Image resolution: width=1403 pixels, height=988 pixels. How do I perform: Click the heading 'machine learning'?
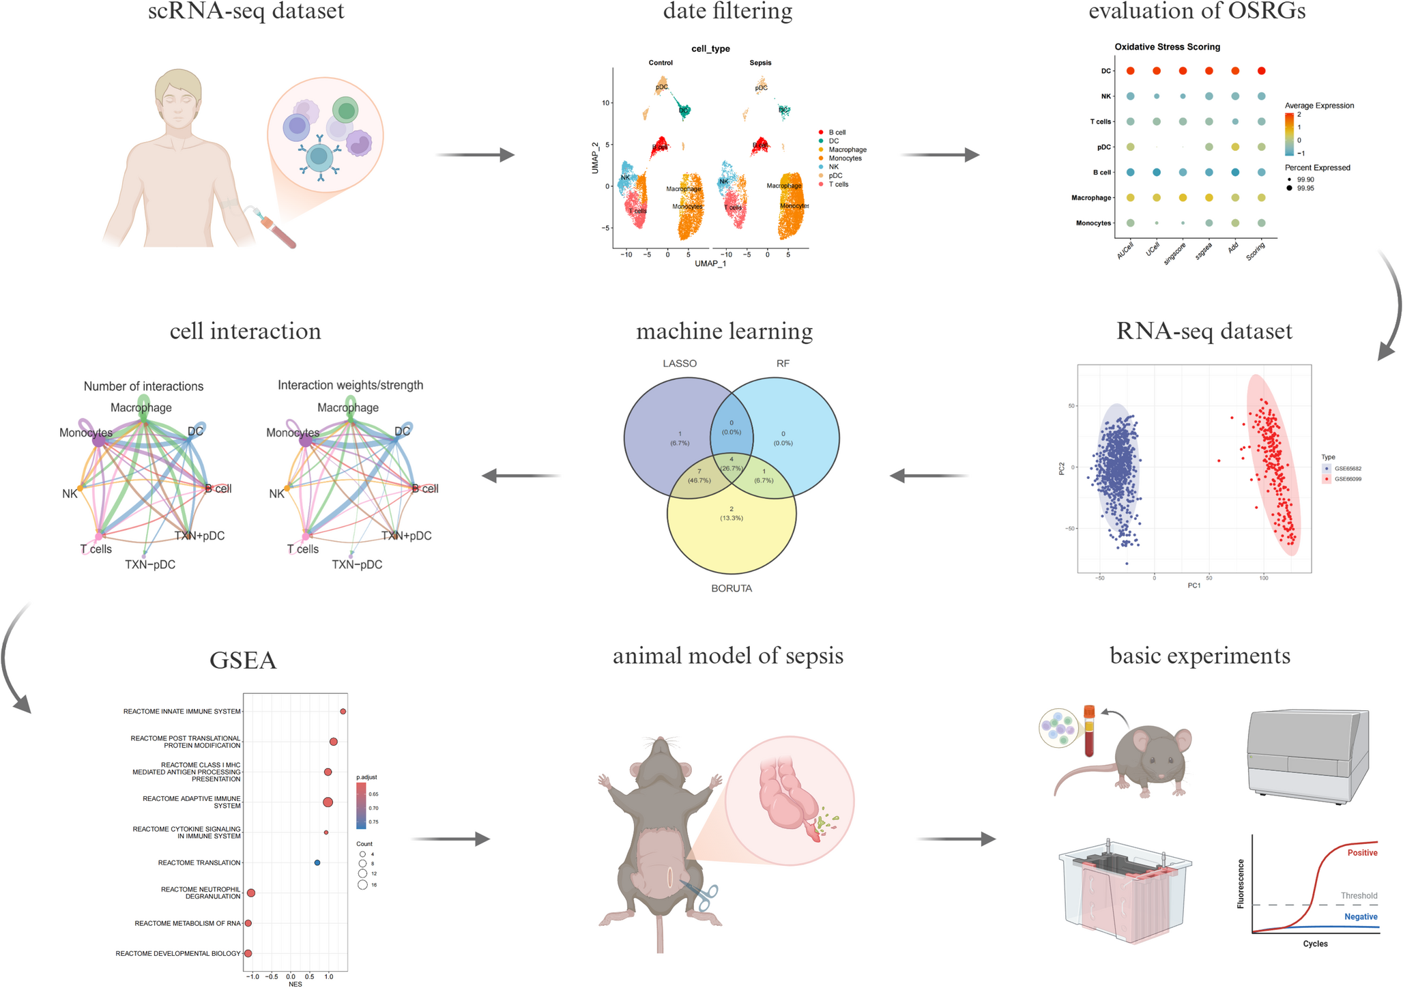pos(724,331)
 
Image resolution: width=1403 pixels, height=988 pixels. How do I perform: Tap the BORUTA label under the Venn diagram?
pos(731,588)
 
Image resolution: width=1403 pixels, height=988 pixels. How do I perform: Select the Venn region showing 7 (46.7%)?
pos(699,476)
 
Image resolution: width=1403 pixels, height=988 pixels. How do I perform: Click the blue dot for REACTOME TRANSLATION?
pos(317,862)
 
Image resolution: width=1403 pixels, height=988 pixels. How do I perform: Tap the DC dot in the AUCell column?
pos(1130,71)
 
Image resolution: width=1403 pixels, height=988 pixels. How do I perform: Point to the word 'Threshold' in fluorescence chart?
pos(1359,895)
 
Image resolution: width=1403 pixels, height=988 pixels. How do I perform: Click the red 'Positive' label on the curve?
pos(1362,853)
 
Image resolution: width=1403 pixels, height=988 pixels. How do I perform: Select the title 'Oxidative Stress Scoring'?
pos(1167,47)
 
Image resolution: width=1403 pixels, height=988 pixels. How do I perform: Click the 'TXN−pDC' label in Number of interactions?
pos(150,564)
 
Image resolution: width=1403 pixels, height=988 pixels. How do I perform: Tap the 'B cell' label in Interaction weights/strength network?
pos(425,489)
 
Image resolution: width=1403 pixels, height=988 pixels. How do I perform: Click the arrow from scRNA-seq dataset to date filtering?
pos(475,155)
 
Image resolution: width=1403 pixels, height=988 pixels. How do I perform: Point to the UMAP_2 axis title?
pos(595,158)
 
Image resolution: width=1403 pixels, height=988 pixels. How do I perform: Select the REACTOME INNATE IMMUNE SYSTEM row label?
pos(182,712)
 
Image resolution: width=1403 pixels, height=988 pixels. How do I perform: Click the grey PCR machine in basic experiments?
pos(1307,756)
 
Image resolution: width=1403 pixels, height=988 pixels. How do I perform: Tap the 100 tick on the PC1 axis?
pos(1263,578)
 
